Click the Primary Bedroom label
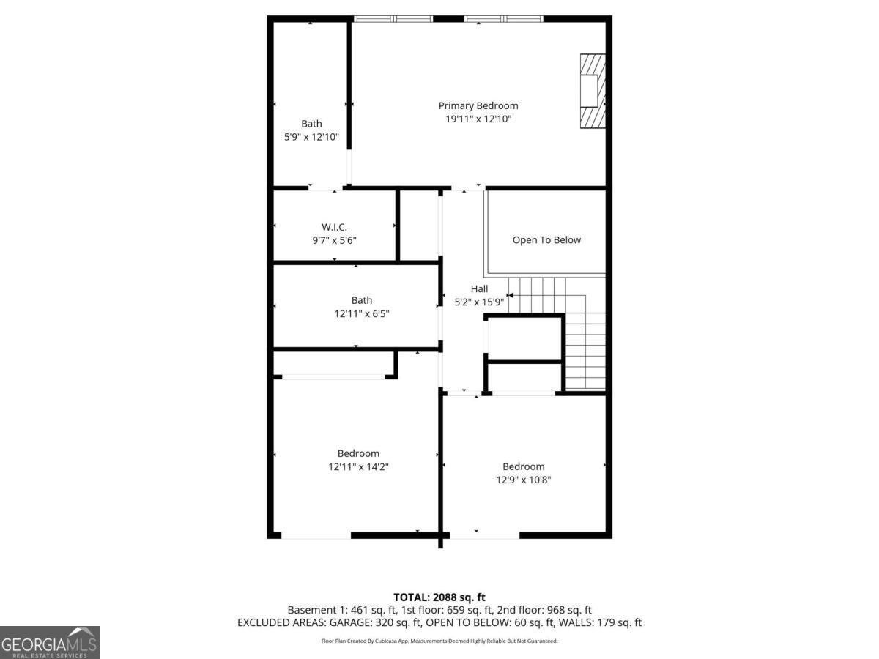[x=478, y=105]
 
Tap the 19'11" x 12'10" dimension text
[x=478, y=119]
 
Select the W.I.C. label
[x=334, y=227]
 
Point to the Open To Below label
[x=546, y=240]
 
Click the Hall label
[x=479, y=289]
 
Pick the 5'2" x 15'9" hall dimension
[x=479, y=302]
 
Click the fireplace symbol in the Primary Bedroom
[x=593, y=92]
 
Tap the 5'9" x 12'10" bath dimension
[x=311, y=136]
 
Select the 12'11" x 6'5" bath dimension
[x=361, y=313]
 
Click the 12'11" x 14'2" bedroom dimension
[x=358, y=466]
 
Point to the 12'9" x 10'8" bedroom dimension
[x=523, y=480]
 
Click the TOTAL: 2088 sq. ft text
[x=439, y=597]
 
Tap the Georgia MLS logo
[x=49, y=642]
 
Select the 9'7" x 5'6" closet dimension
[x=334, y=240]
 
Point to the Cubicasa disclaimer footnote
[x=439, y=641]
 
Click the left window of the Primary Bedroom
[x=393, y=18]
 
